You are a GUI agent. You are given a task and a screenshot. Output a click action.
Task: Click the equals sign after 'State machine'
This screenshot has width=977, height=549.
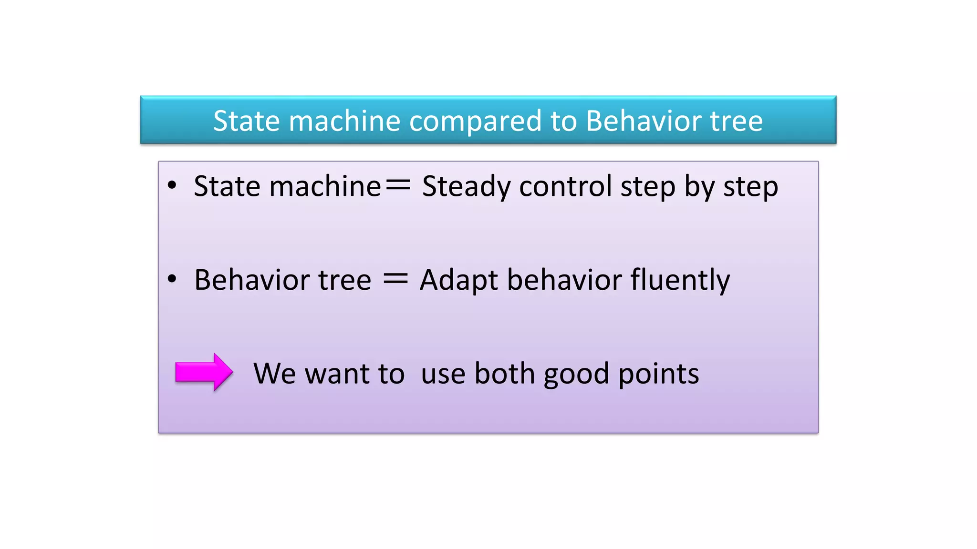click(398, 185)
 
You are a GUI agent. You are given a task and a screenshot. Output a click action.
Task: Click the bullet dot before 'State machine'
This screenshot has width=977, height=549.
click(172, 185)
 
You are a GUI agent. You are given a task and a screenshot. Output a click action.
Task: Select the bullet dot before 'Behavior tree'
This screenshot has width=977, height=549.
click(172, 279)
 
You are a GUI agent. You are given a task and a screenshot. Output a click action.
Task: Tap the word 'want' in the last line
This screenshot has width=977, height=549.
click(337, 374)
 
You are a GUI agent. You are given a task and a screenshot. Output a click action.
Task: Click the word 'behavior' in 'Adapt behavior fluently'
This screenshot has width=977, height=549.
click(564, 280)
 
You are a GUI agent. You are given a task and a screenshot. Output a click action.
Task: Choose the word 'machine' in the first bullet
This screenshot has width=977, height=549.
click(325, 186)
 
